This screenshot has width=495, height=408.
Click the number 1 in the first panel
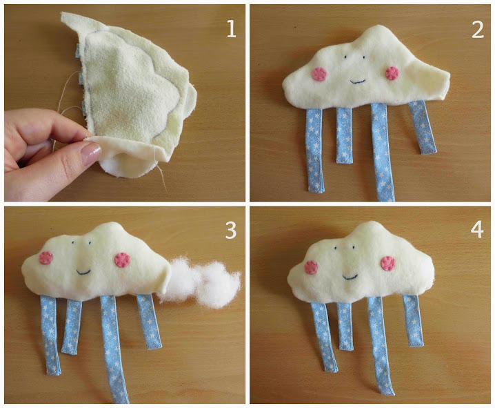232,29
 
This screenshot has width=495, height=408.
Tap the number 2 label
478,30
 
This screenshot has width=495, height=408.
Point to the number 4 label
477,229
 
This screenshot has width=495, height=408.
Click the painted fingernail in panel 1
90,153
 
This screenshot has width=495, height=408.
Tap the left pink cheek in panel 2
319,74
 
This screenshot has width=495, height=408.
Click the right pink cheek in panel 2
392,73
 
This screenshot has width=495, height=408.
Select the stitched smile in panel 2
358,82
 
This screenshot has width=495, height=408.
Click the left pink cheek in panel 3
46,258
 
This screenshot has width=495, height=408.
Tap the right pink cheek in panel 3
123,260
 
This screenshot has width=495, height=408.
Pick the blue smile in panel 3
83,271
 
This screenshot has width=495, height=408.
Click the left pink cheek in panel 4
311,267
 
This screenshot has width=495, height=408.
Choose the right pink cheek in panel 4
388,264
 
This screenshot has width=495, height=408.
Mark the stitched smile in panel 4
350,278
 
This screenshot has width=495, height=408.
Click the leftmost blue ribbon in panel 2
314,150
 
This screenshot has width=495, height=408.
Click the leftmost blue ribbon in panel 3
50,335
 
